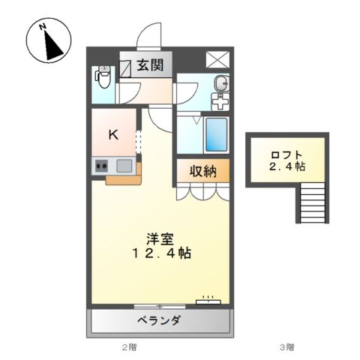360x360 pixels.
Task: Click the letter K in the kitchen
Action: click(x=113, y=135)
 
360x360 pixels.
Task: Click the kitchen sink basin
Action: click(x=124, y=166)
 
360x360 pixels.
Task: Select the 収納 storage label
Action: click(x=202, y=172)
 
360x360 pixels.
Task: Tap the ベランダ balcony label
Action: click(x=159, y=322)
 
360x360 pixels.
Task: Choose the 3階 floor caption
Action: click(x=286, y=347)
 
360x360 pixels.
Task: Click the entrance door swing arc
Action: click(x=150, y=34)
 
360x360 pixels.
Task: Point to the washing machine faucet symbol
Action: click(x=220, y=100)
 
